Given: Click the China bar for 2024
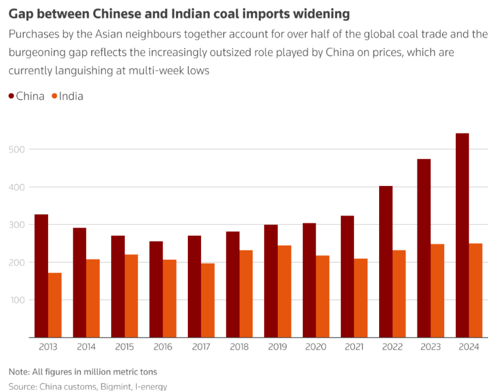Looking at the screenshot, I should tap(462, 235).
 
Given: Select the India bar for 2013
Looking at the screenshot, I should tap(55, 305).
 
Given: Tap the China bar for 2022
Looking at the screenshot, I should tap(386, 262).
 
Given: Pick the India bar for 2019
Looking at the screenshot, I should tap(284, 291).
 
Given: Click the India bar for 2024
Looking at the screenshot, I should tap(476, 290).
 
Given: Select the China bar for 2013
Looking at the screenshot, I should tap(41, 275).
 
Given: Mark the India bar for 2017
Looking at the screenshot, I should tap(208, 300).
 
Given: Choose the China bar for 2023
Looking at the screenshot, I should tap(424, 248).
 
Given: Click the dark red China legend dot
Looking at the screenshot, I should tap(12, 97).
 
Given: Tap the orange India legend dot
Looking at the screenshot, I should tap(55, 97).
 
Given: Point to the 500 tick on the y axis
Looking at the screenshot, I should tap(18, 149).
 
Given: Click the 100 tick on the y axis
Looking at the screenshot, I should tap(18, 300).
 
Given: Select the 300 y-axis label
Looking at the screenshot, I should tap(18, 225).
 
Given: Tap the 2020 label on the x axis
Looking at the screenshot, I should tap(316, 347).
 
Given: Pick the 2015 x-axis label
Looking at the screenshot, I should tap(124, 347).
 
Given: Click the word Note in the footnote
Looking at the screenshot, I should tap(19, 372).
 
